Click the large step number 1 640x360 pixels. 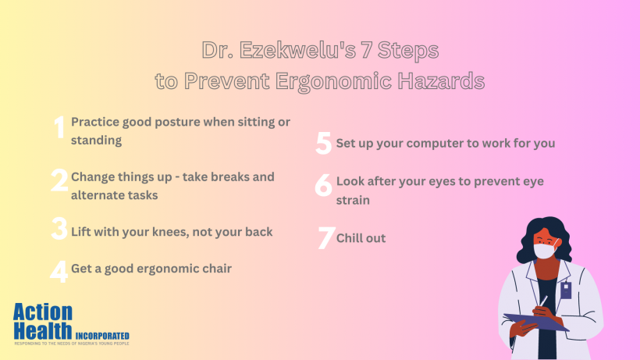[58, 127]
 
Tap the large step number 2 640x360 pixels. [59, 181]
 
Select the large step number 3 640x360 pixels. [59, 230]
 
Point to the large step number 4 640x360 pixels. [59, 270]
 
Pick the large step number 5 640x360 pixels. [324, 144]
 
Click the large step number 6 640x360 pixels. [324, 185]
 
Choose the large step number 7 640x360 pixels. [325, 238]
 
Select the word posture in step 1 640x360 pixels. [161, 123]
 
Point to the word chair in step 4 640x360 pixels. [215, 269]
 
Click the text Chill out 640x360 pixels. [361, 238]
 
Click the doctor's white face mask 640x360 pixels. [543, 251]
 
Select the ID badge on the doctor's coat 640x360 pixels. [566, 290]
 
